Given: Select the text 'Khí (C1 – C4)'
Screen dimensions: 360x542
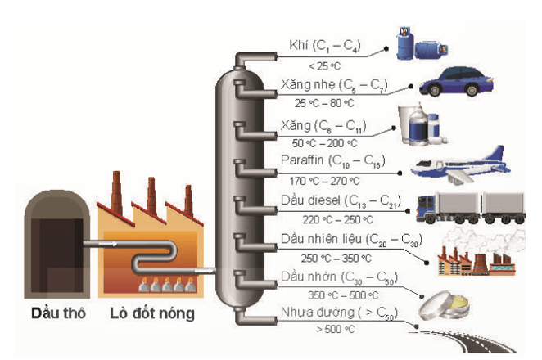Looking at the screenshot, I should coord(323,44).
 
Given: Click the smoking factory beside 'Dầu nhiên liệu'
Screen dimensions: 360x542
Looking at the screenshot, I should coord(470,254).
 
